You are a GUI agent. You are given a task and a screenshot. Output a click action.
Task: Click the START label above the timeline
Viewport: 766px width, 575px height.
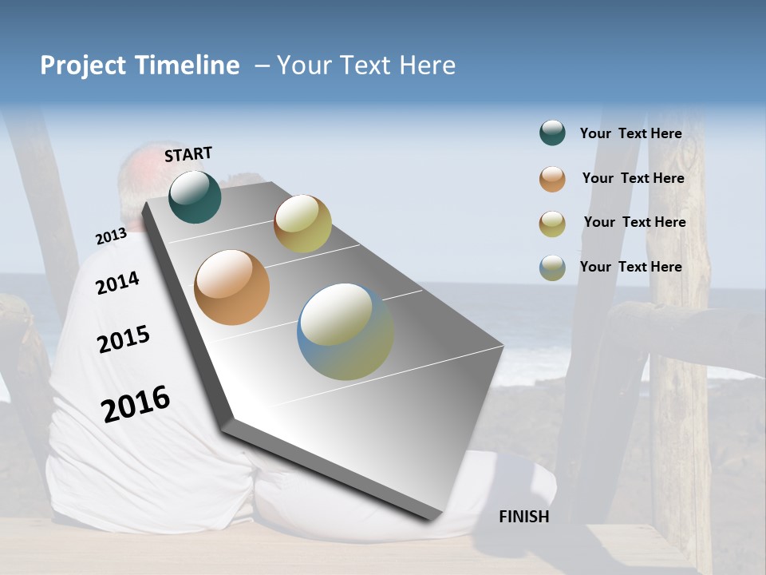188,154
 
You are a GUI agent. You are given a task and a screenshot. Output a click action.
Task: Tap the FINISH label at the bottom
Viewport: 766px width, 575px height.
523,517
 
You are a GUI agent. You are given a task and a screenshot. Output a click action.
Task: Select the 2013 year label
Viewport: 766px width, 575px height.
111,236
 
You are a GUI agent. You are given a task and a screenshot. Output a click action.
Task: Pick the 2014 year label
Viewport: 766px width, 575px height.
117,283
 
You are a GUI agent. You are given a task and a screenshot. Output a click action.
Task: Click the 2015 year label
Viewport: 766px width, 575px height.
124,339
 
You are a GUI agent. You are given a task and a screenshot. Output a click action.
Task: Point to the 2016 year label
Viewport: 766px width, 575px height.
136,404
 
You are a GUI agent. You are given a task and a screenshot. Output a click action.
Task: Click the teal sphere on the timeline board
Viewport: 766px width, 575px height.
195,197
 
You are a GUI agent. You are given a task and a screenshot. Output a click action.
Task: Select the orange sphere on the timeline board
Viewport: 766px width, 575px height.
231,287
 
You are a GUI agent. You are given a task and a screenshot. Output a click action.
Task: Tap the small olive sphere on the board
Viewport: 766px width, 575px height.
302,224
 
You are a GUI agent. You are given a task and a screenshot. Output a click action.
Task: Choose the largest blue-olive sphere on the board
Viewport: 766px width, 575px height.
345,331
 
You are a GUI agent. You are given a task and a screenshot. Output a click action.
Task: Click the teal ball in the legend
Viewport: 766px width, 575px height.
552,133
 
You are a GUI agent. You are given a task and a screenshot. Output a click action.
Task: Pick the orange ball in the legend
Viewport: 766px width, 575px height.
552,179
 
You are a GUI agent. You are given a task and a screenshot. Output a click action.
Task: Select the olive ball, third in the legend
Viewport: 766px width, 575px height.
552,224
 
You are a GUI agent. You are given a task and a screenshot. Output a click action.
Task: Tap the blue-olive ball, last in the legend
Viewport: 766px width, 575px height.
552,268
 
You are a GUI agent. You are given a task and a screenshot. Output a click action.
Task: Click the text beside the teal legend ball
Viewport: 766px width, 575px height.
630,133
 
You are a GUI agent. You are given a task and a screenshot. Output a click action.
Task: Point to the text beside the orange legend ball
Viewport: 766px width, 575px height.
633,178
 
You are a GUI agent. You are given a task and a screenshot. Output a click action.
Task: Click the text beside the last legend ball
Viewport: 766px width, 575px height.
630,267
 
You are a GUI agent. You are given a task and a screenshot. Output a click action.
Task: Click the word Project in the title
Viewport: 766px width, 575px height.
84,65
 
